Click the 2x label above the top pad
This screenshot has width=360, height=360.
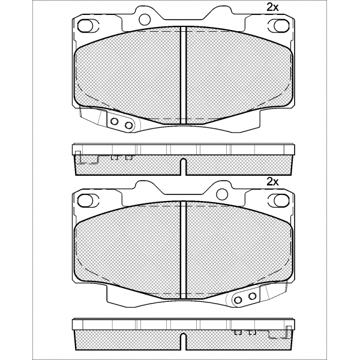(272, 8)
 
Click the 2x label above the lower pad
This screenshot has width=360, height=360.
(272, 182)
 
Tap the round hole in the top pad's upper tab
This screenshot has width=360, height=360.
(145, 19)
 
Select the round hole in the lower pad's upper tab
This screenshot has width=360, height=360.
(222, 194)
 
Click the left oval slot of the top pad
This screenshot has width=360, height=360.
(85, 25)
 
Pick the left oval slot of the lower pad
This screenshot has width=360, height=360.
(85, 200)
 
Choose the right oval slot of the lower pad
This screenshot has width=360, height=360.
(281, 200)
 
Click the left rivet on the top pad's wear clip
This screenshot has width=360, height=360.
(114, 121)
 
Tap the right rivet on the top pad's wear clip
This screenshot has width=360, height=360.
(129, 125)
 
